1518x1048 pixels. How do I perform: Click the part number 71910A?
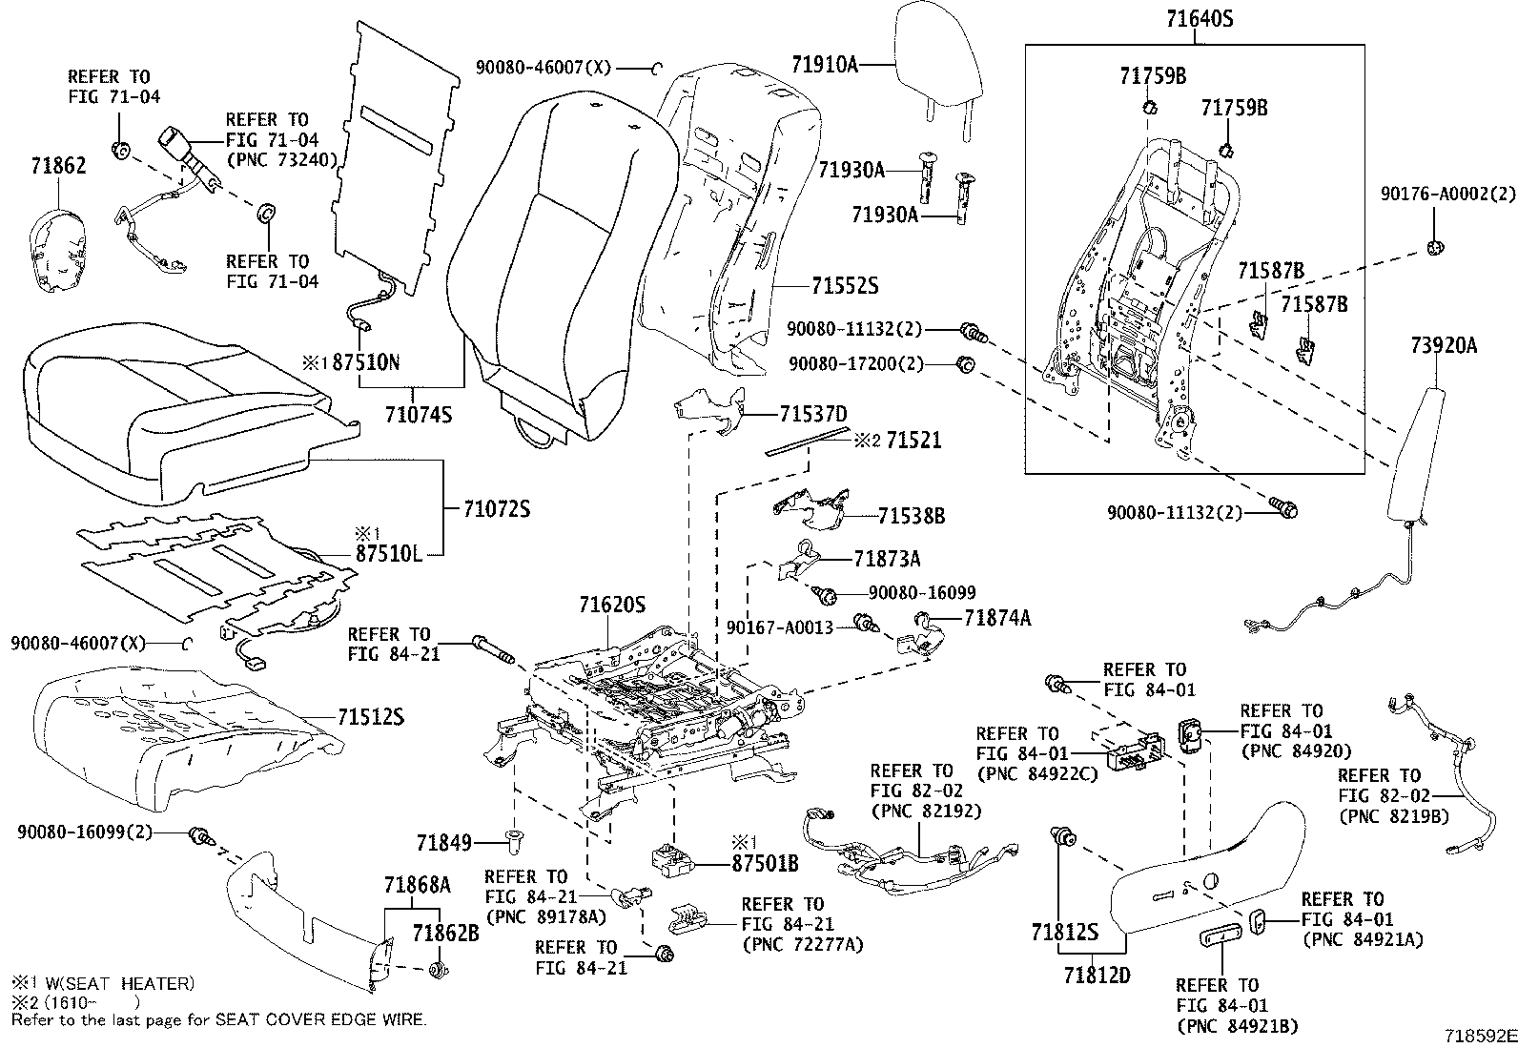[825, 64]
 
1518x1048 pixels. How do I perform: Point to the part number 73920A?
[1444, 346]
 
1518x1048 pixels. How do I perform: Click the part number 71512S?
[371, 716]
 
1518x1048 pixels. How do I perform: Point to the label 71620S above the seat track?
[612, 605]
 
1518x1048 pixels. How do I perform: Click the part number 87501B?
[765, 865]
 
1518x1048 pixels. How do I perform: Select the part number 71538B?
[912, 516]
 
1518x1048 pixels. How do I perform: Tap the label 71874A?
[997, 618]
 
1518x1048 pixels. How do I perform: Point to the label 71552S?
[845, 285]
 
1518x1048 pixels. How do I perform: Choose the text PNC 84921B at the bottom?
[1238, 1025]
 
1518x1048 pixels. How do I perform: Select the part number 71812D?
[1098, 976]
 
